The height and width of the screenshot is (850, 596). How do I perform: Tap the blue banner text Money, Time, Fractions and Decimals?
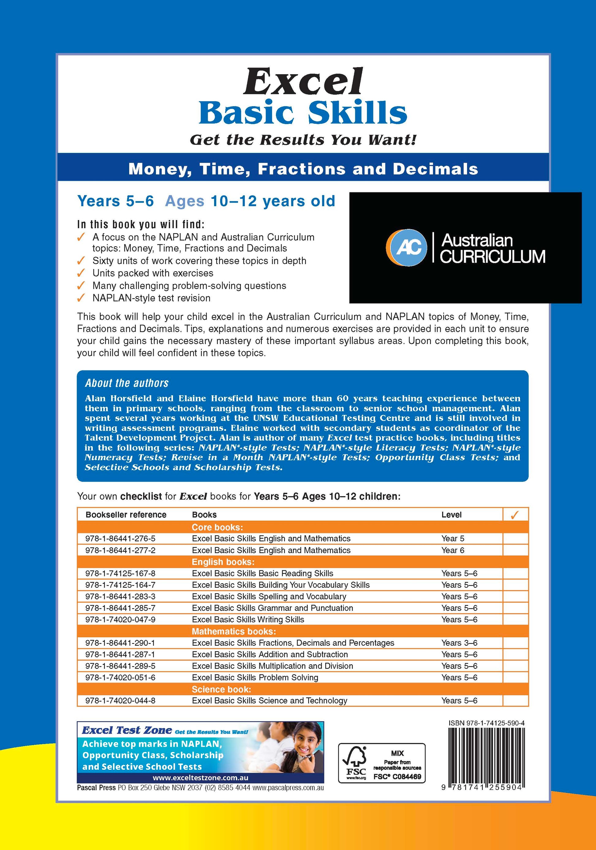pos(303,169)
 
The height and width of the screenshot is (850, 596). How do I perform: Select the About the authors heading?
pos(126,383)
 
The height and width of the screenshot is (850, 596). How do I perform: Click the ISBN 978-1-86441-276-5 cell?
pos(120,539)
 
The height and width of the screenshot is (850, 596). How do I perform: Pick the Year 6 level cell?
pos(452,550)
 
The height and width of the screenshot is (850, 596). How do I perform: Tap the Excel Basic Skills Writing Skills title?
pos(248,619)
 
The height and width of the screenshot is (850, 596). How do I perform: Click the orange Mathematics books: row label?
pos(234,631)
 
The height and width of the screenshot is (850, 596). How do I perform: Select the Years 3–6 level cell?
pos(459,643)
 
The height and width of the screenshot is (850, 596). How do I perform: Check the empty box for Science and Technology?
pos(515,700)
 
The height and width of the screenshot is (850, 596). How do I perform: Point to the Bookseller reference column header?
pos(126,514)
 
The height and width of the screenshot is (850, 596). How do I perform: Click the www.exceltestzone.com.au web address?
pos(200,778)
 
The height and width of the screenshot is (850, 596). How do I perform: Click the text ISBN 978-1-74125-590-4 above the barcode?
pos(486,723)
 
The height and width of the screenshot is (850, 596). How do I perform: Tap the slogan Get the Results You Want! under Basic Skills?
pos(303,140)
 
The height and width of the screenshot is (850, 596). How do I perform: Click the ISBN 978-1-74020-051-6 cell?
pos(120,677)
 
